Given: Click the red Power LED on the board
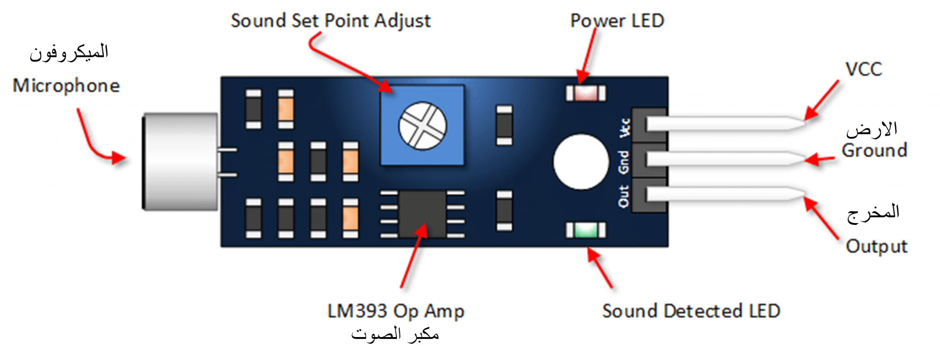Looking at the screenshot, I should pos(586,93).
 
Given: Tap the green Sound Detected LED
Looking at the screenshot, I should pos(586,230).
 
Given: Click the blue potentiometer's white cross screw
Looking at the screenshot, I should pos(422,126).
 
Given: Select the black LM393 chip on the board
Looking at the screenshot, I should pos(422,214).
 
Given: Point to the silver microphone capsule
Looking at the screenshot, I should pos(180,162).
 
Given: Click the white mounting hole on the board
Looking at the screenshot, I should pos(581,162).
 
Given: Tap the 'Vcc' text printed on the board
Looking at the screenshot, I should pos(625,128).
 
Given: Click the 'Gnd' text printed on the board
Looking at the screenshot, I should pos(623,162).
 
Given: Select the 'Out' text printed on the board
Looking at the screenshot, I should pos(623,196).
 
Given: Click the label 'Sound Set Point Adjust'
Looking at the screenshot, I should pos(330,21).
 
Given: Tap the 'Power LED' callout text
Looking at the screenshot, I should pos(617,21).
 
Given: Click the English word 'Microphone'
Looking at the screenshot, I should pos(66,86).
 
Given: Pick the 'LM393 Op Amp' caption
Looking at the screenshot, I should pos(396,311).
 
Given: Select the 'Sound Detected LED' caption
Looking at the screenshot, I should pos(691,311).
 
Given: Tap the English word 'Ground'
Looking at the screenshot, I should pos(874,151).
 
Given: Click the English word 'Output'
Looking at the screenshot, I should pos(877,247).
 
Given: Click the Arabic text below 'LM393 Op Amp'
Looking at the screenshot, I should pos(395,334).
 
